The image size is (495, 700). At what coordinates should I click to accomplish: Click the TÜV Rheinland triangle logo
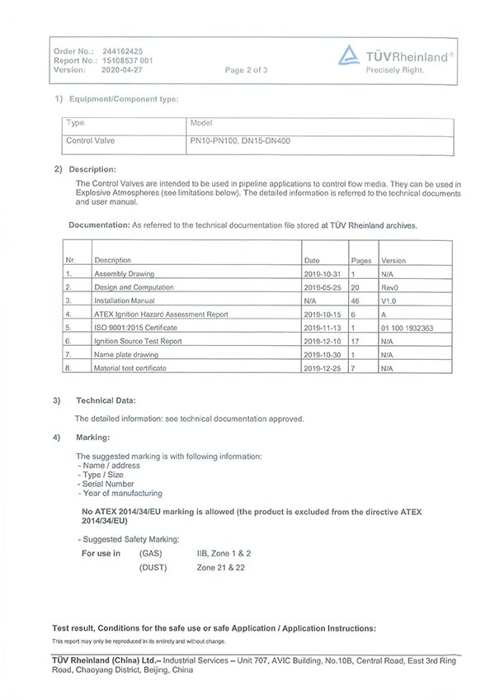(350, 54)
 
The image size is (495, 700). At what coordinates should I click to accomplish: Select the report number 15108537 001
(126, 60)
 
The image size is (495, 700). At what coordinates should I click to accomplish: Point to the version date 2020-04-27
(120, 69)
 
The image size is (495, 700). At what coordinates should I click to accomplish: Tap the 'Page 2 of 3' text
(246, 70)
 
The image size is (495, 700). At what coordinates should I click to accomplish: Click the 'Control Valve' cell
(90, 140)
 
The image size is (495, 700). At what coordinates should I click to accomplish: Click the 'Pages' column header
(361, 260)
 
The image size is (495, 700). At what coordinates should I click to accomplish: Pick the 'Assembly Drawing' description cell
(124, 273)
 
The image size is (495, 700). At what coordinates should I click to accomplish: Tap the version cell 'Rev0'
(389, 287)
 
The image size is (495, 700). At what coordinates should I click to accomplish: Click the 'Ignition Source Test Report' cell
(138, 341)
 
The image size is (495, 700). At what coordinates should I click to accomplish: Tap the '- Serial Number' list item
(106, 484)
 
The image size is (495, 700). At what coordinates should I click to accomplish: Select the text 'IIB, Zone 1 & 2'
(224, 553)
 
